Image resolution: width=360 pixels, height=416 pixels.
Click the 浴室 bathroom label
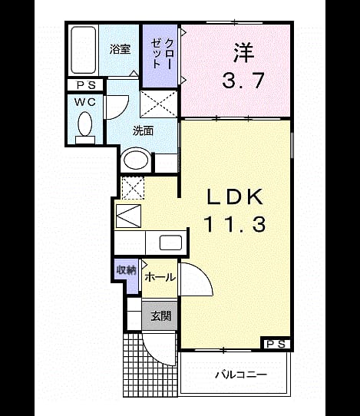tap(121, 49)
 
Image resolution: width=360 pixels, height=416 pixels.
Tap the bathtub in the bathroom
tap(84, 50)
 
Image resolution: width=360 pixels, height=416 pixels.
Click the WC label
tap(85, 102)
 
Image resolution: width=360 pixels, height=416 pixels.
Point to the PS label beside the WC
tap(86, 85)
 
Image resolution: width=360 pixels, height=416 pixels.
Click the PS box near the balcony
tap(276, 344)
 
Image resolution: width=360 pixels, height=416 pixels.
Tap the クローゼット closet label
tap(161, 54)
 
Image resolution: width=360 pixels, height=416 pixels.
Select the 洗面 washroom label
tap(143, 130)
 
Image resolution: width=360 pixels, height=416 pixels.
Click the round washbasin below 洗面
tap(136, 160)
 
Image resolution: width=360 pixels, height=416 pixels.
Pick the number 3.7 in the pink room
tap(243, 80)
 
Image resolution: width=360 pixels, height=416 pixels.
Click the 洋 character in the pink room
tap(244, 53)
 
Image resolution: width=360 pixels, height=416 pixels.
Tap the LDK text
tap(235, 196)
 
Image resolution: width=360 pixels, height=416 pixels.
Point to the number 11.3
tap(235, 224)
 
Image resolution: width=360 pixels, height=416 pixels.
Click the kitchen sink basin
tap(170, 243)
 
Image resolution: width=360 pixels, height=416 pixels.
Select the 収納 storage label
tap(127, 270)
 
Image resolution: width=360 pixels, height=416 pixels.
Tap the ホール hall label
tap(160, 278)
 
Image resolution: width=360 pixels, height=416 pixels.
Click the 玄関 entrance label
tap(161, 316)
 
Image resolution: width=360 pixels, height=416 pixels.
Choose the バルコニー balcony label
tap(240, 375)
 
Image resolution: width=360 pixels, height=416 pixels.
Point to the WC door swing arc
tap(124, 110)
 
